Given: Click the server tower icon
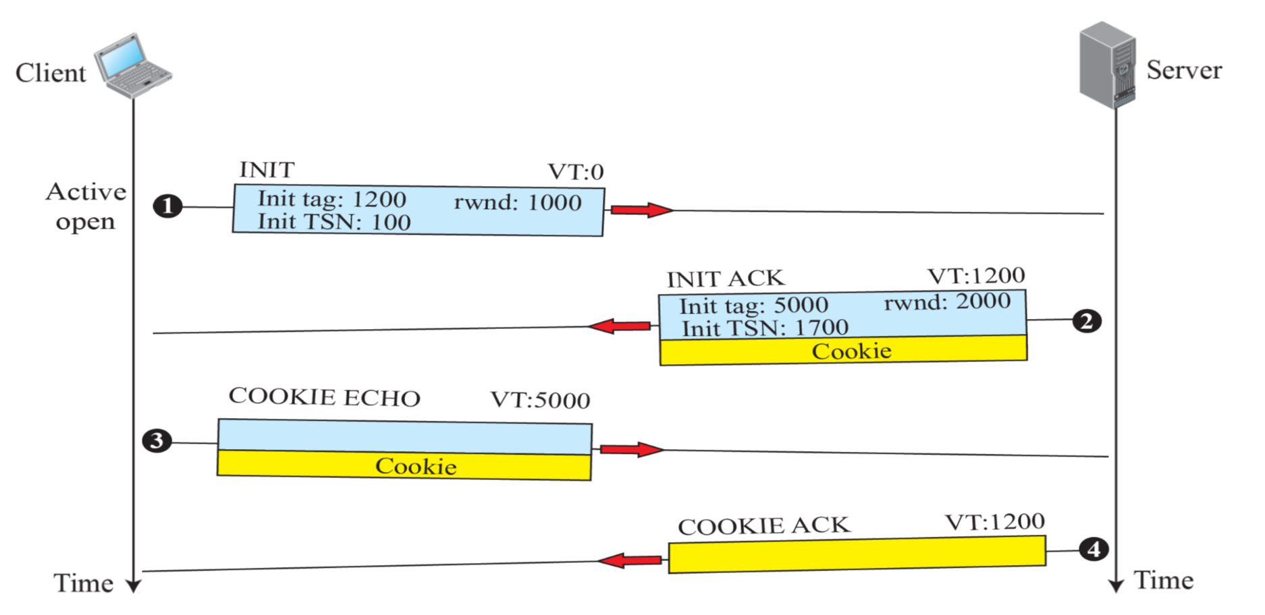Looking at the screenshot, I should (1108, 65).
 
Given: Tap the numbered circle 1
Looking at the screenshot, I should (167, 206).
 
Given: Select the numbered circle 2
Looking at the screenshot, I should (1086, 321).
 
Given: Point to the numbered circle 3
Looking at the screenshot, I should (157, 441).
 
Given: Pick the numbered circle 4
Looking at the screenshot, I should (1094, 549).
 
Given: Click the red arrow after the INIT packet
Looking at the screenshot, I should (641, 210).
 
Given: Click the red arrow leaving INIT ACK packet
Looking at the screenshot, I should (620, 326).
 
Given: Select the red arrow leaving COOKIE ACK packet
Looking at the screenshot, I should (630, 560).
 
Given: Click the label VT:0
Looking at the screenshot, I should (575, 173).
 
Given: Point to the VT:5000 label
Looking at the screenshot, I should (540, 400).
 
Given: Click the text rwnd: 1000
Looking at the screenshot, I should (518, 202).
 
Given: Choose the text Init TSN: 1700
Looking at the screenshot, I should (765, 328).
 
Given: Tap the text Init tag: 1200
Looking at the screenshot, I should (331, 199).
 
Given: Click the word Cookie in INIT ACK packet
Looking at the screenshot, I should (851, 351).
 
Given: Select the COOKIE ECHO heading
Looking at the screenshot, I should (324, 397).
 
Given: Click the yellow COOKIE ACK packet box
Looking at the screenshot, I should (857, 555).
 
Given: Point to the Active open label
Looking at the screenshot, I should (86, 206).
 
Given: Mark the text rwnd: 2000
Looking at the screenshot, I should (947, 301).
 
